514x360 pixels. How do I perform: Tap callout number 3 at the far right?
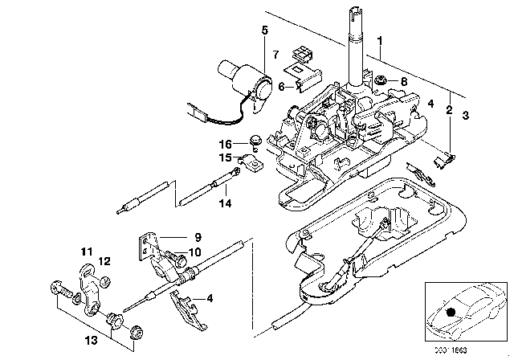click(x=465, y=115)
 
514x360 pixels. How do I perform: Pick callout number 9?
click(x=194, y=237)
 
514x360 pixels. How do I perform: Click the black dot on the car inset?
click(x=451, y=312)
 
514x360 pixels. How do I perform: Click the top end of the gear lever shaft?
click(x=355, y=10)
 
